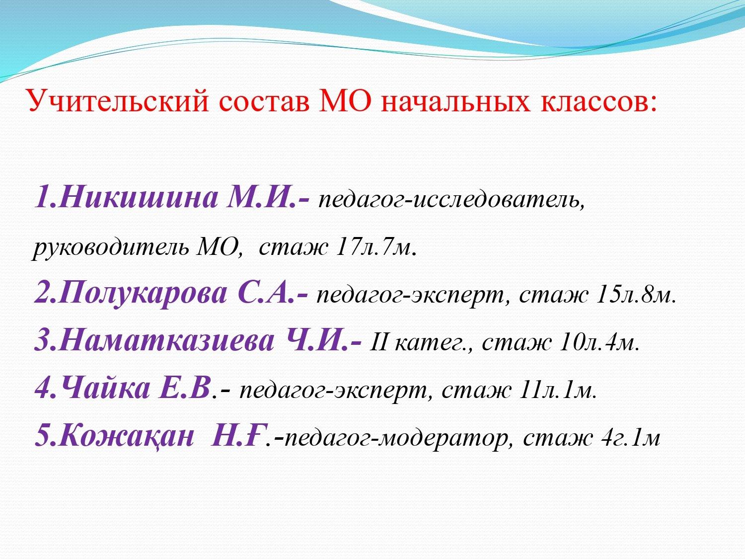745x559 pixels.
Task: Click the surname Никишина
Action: [x=139, y=198]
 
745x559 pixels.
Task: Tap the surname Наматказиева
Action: [x=167, y=341]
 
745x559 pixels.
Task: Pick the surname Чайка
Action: [x=106, y=389]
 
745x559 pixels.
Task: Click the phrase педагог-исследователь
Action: [x=451, y=200]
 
